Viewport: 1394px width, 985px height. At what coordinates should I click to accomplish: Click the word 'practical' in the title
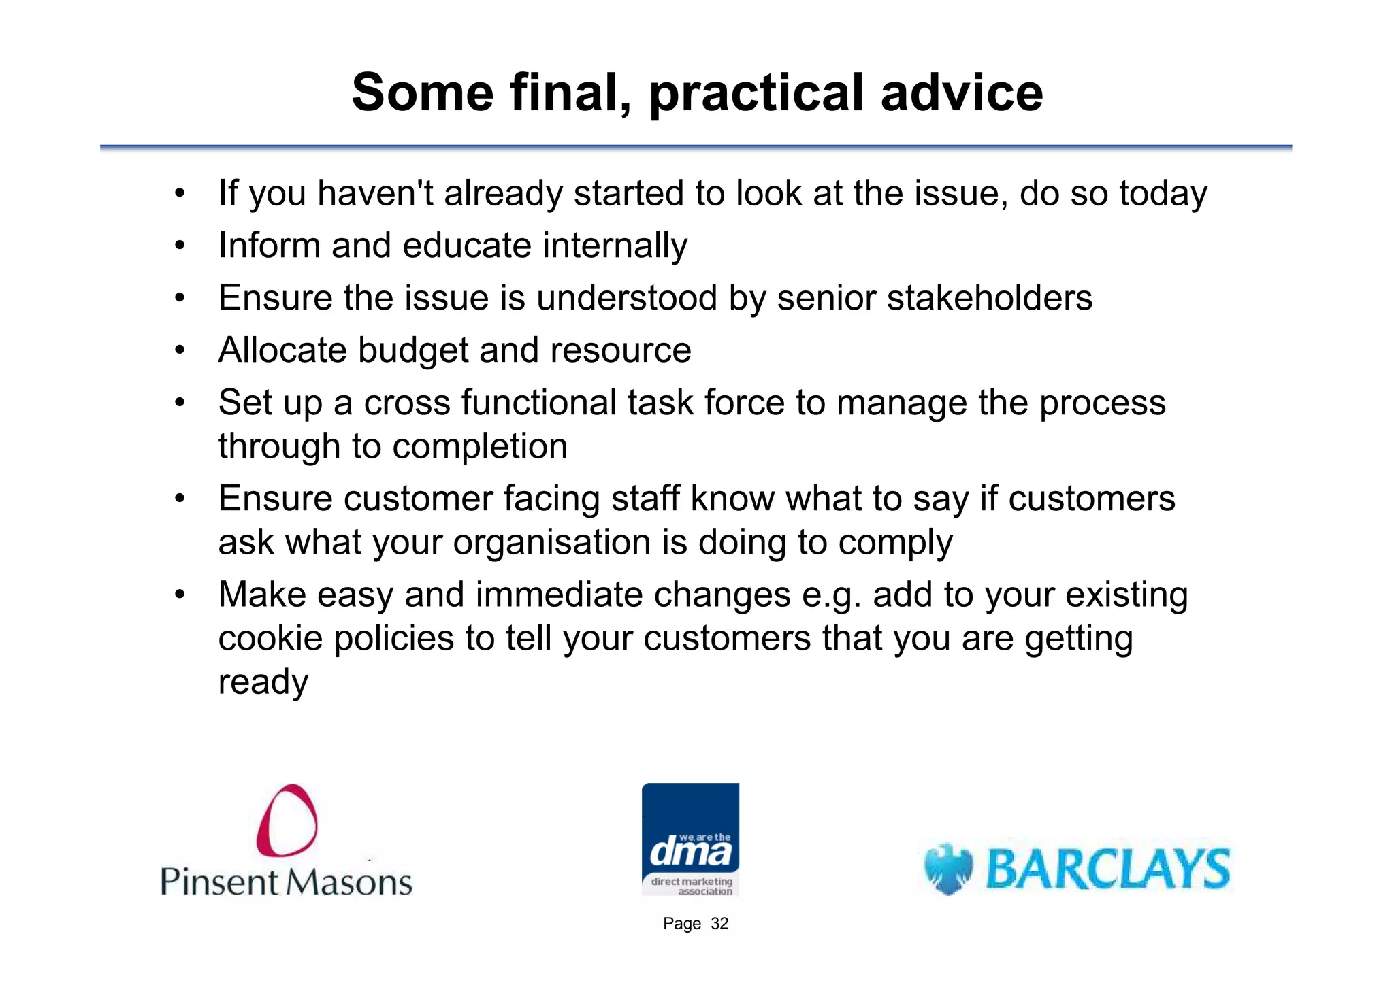[757, 93]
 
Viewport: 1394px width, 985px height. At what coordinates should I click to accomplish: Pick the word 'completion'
[480, 447]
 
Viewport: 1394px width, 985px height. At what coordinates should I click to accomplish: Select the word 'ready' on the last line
[263, 682]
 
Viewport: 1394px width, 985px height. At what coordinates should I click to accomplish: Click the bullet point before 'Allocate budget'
[180, 351]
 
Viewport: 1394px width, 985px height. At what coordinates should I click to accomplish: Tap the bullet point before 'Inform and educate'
[180, 246]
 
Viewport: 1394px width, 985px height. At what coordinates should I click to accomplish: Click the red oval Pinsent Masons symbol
[287, 820]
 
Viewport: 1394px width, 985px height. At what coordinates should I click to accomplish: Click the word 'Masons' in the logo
[348, 882]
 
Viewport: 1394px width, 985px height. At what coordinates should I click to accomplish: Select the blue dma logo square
[690, 838]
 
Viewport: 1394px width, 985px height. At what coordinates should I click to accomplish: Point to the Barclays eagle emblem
[948, 869]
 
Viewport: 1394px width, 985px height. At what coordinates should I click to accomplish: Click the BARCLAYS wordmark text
[1108, 869]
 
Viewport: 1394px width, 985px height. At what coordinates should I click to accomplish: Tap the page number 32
[719, 924]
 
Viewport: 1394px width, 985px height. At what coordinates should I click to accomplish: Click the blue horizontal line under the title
[696, 147]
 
